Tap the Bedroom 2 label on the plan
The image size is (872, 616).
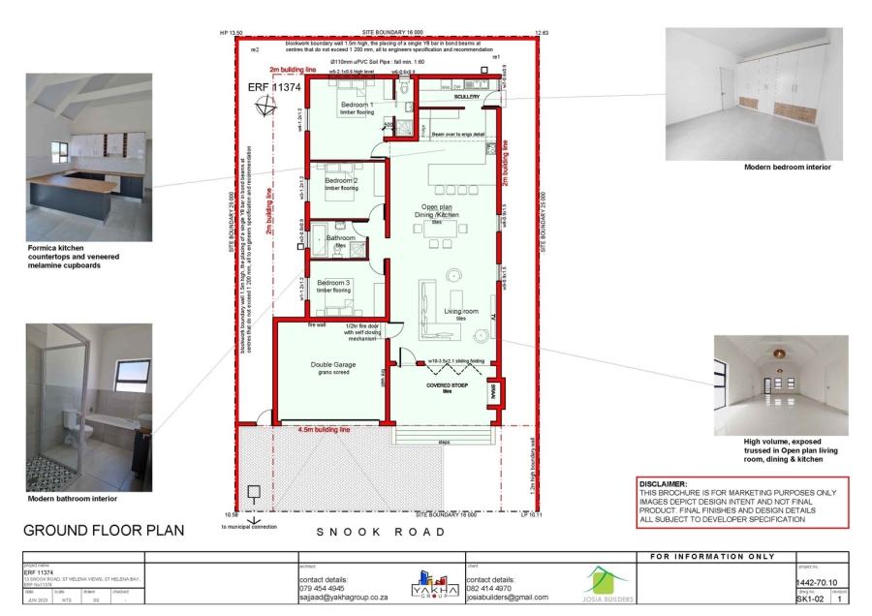(341, 181)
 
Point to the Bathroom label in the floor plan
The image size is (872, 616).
(340, 237)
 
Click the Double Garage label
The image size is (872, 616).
(332, 365)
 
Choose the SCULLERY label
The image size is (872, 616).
(467, 95)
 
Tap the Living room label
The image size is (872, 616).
(461, 311)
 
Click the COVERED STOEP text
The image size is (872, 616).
(448, 385)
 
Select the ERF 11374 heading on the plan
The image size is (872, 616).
(273, 87)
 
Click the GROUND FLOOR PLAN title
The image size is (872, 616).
(103, 530)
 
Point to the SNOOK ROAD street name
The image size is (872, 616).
(382, 532)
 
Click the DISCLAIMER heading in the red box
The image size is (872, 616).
(663, 483)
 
